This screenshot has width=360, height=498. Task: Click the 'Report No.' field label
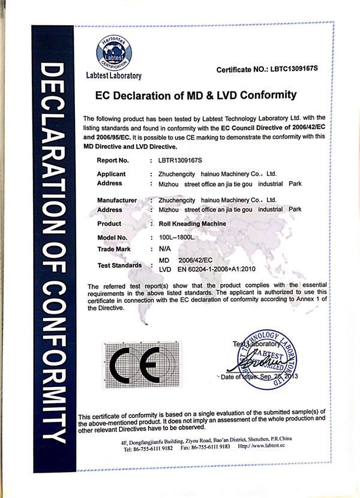113,161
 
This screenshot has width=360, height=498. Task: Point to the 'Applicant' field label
111,174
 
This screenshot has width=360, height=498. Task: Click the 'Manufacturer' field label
117,200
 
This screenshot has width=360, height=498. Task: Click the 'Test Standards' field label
119,265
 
